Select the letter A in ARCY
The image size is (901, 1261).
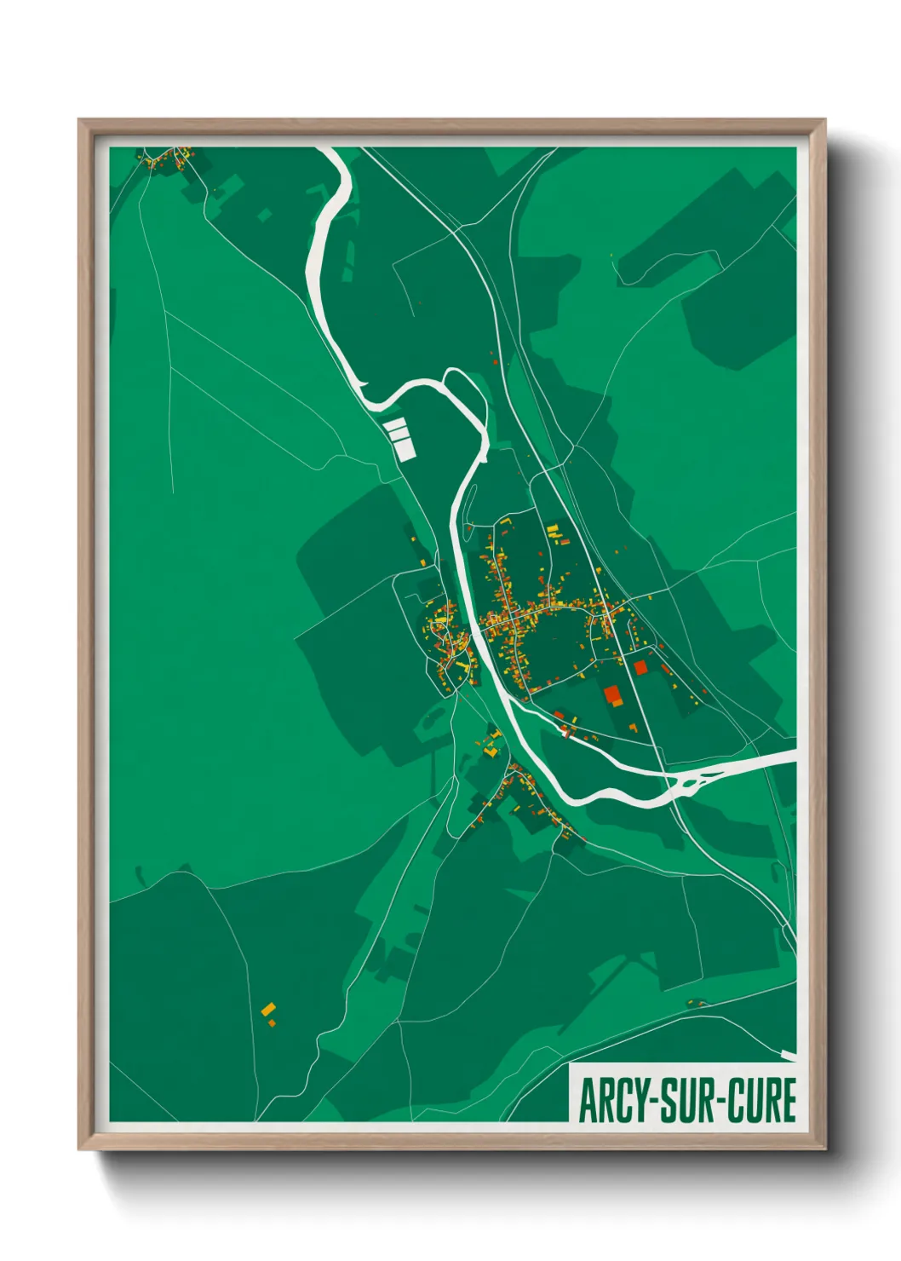tap(587, 1101)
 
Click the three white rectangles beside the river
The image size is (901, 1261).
tap(399, 436)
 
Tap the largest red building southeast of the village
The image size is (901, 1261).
tap(612, 694)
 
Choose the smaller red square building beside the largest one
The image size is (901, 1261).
tap(640, 667)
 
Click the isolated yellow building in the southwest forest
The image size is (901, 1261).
tap(269, 1011)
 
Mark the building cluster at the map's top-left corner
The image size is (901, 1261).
tap(167, 159)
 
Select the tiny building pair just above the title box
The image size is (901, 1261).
tap(697, 1003)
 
